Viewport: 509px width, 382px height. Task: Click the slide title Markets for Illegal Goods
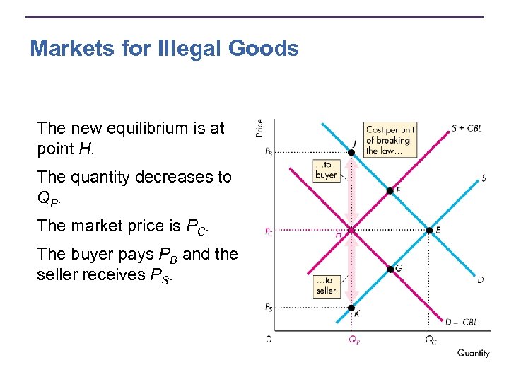[164, 49]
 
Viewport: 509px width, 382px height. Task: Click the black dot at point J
[351, 152]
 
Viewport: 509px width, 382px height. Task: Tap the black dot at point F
[390, 191]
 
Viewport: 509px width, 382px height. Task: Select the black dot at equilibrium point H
[351, 230]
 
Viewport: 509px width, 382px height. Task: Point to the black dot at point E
[428, 230]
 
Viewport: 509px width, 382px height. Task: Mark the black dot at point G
[390, 268]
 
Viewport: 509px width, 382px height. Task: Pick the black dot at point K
[351, 307]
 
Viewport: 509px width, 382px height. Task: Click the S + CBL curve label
[467, 129]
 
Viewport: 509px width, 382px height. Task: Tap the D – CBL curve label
[461, 323]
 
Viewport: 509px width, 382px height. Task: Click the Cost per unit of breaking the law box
[388, 140]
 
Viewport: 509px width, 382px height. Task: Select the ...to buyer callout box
[326, 170]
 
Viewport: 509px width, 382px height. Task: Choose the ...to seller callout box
[327, 286]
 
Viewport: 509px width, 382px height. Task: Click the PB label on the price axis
[269, 151]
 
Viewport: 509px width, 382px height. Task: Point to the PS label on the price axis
[269, 307]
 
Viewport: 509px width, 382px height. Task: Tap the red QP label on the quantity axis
[353, 340]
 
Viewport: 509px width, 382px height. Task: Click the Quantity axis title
[473, 353]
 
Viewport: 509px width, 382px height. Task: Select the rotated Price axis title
[259, 128]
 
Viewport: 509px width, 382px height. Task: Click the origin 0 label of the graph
[269, 339]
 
